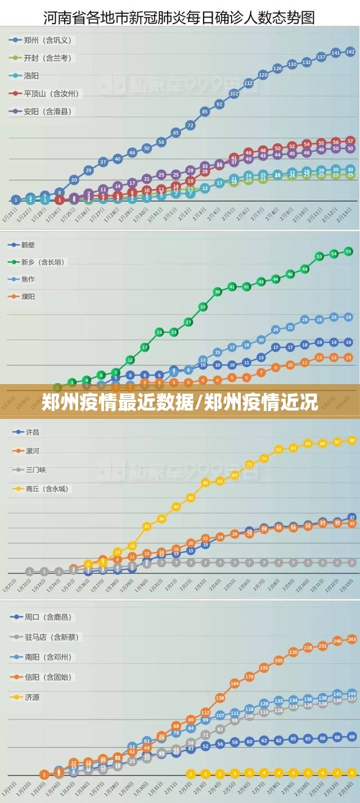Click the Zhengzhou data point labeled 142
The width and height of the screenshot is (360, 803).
pyautogui.click(x=350, y=52)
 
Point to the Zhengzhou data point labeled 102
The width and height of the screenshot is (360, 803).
pyautogui.click(x=234, y=94)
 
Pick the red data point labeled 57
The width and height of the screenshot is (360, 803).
pyautogui.click(x=350, y=141)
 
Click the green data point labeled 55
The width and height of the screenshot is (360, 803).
pyautogui.click(x=348, y=251)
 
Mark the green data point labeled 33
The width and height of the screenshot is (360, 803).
pyautogui.click(x=203, y=307)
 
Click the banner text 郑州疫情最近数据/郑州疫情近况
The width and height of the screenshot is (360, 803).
pyautogui.click(x=179, y=402)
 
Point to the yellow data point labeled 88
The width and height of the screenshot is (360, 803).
pyautogui.click(x=352, y=441)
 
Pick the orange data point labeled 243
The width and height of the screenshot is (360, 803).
pyautogui.click(x=352, y=639)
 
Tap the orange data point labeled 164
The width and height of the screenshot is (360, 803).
pyautogui.click(x=235, y=683)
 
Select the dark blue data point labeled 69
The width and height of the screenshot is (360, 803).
pyautogui.click(x=352, y=737)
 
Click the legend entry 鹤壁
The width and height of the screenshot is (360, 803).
pyautogui.click(x=29, y=245)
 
